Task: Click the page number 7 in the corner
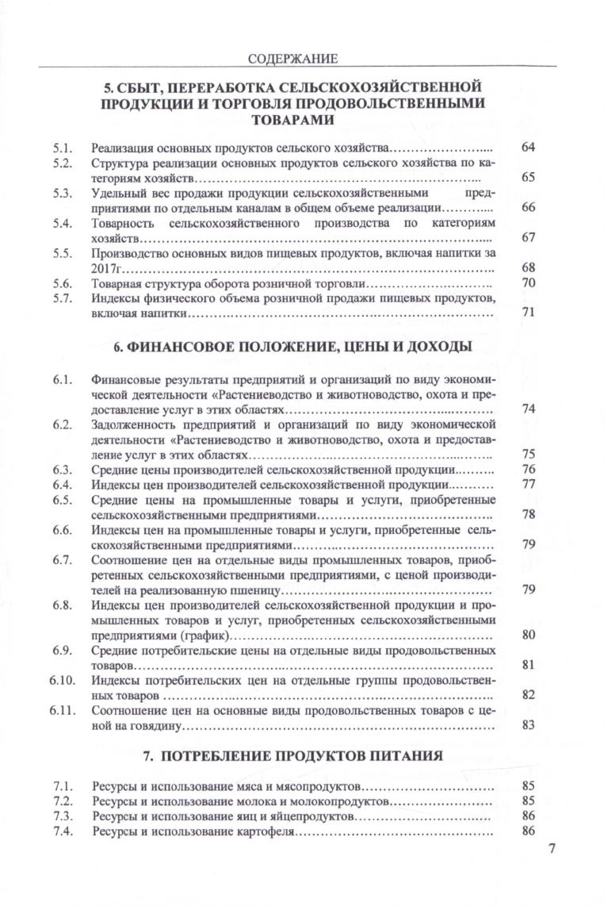pyautogui.click(x=552, y=849)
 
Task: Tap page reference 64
pyautogui.click(x=529, y=148)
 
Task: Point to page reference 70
pyautogui.click(x=529, y=283)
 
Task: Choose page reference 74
pyautogui.click(x=529, y=409)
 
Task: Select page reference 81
pyautogui.click(x=529, y=665)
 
